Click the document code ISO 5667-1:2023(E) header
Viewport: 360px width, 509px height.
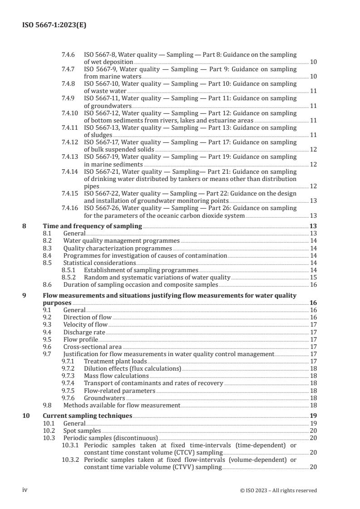54,26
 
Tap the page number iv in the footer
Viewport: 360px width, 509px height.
25,490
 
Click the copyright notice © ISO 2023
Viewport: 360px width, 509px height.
285,490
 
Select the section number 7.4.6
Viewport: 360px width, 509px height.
69,54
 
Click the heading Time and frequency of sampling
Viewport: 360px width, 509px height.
92,226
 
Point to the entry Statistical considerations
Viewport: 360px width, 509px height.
99,263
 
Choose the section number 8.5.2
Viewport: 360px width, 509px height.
69,277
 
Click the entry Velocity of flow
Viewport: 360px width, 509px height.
85,324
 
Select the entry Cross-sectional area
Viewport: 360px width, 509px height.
92,347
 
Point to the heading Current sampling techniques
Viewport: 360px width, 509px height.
87,416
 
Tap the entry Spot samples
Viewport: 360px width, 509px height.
82,431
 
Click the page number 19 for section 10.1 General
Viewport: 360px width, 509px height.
313,423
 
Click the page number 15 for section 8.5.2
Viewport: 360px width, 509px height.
313,277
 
